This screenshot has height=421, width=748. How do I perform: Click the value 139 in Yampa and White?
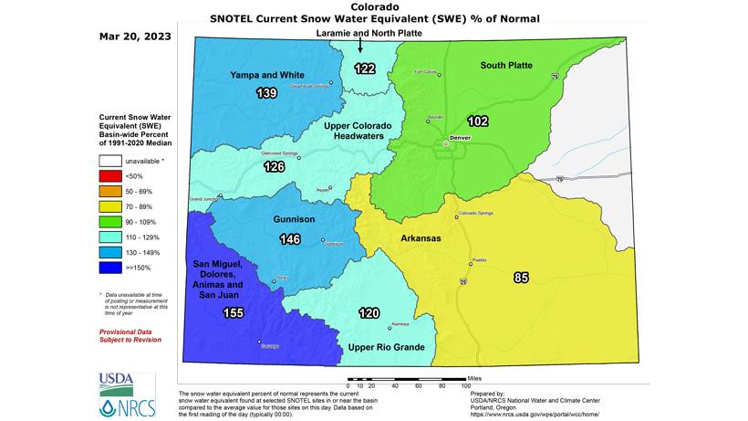point(267,93)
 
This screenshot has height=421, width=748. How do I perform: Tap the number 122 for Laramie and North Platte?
point(365,68)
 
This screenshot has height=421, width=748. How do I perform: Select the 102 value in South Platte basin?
point(478,120)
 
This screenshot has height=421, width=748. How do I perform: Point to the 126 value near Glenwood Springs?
point(275,167)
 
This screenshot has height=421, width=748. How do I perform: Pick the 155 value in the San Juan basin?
point(234,313)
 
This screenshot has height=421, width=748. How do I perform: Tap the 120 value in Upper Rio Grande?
point(369,313)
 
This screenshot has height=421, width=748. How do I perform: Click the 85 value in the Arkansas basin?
point(521,277)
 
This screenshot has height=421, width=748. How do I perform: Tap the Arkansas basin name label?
point(421,238)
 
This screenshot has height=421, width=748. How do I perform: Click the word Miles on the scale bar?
point(474,376)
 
